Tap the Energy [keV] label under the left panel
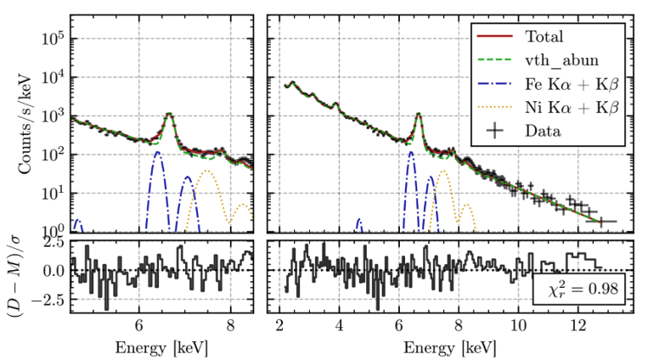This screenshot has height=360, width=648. point(161,348)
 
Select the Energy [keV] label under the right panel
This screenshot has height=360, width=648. point(447,348)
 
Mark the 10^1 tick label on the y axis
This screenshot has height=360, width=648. point(53,193)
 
